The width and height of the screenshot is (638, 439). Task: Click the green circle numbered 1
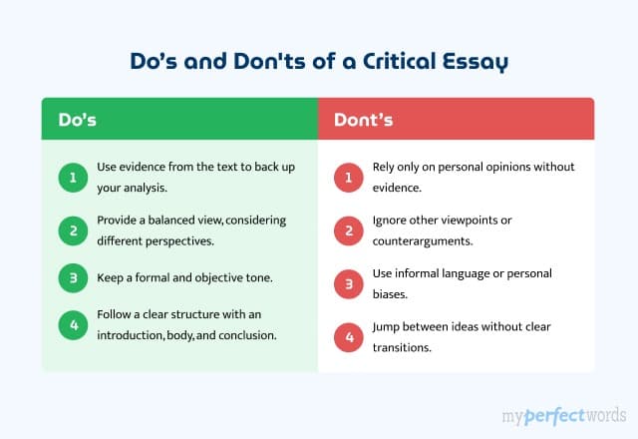(x=71, y=178)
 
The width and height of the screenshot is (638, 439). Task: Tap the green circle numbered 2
(x=71, y=231)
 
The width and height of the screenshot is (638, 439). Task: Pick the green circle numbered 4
(x=71, y=325)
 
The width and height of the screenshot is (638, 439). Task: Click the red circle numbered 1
(x=348, y=178)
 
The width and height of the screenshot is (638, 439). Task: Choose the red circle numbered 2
(x=348, y=231)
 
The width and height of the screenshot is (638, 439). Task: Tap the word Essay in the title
(x=474, y=61)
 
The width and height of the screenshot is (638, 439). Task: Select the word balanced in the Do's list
(x=181, y=221)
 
